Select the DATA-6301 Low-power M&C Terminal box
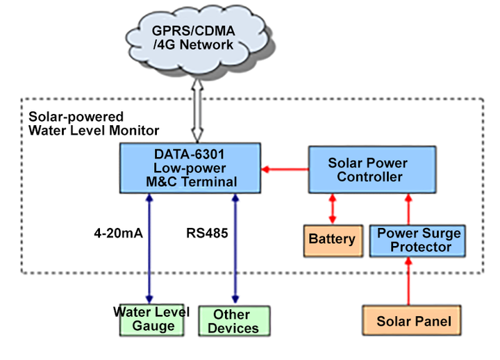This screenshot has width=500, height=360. pyautogui.click(x=190, y=168)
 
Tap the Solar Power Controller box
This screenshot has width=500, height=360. pyautogui.click(x=372, y=170)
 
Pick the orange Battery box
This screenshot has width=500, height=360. pyautogui.click(x=333, y=240)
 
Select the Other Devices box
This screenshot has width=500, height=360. pyautogui.click(x=233, y=321)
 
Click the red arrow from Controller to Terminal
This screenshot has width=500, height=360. pyautogui.click(x=285, y=169)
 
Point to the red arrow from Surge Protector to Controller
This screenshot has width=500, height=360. pyautogui.click(x=408, y=208)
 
